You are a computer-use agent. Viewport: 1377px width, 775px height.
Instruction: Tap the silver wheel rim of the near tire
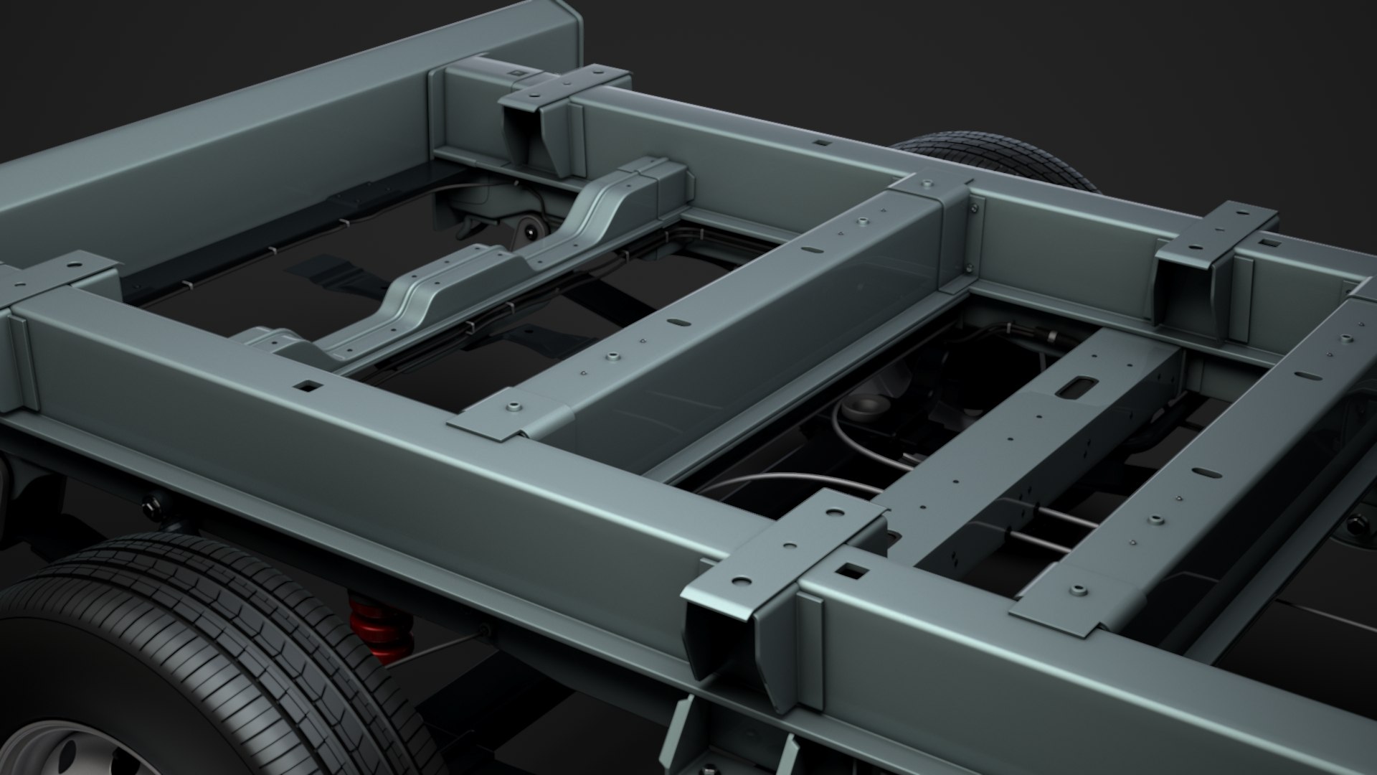65,750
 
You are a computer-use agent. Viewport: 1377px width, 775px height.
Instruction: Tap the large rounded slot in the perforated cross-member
1076,387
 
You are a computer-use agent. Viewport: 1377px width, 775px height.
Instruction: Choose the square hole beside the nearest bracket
852,572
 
